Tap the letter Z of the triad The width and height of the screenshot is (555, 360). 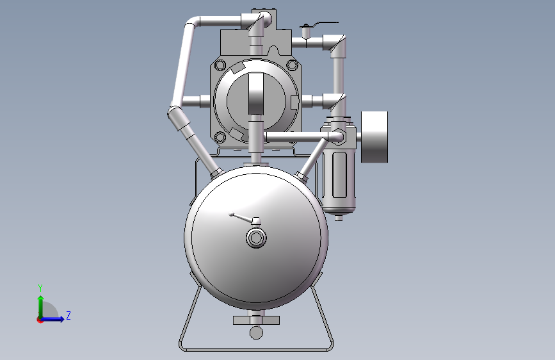(x=68, y=315)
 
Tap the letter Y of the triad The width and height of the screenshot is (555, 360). (x=40, y=288)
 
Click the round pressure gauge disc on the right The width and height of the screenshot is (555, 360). (x=374, y=137)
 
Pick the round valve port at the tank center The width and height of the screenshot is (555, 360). (x=256, y=238)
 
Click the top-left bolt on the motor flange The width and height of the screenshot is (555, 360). (x=220, y=65)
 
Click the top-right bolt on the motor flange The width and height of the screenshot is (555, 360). (x=292, y=65)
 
